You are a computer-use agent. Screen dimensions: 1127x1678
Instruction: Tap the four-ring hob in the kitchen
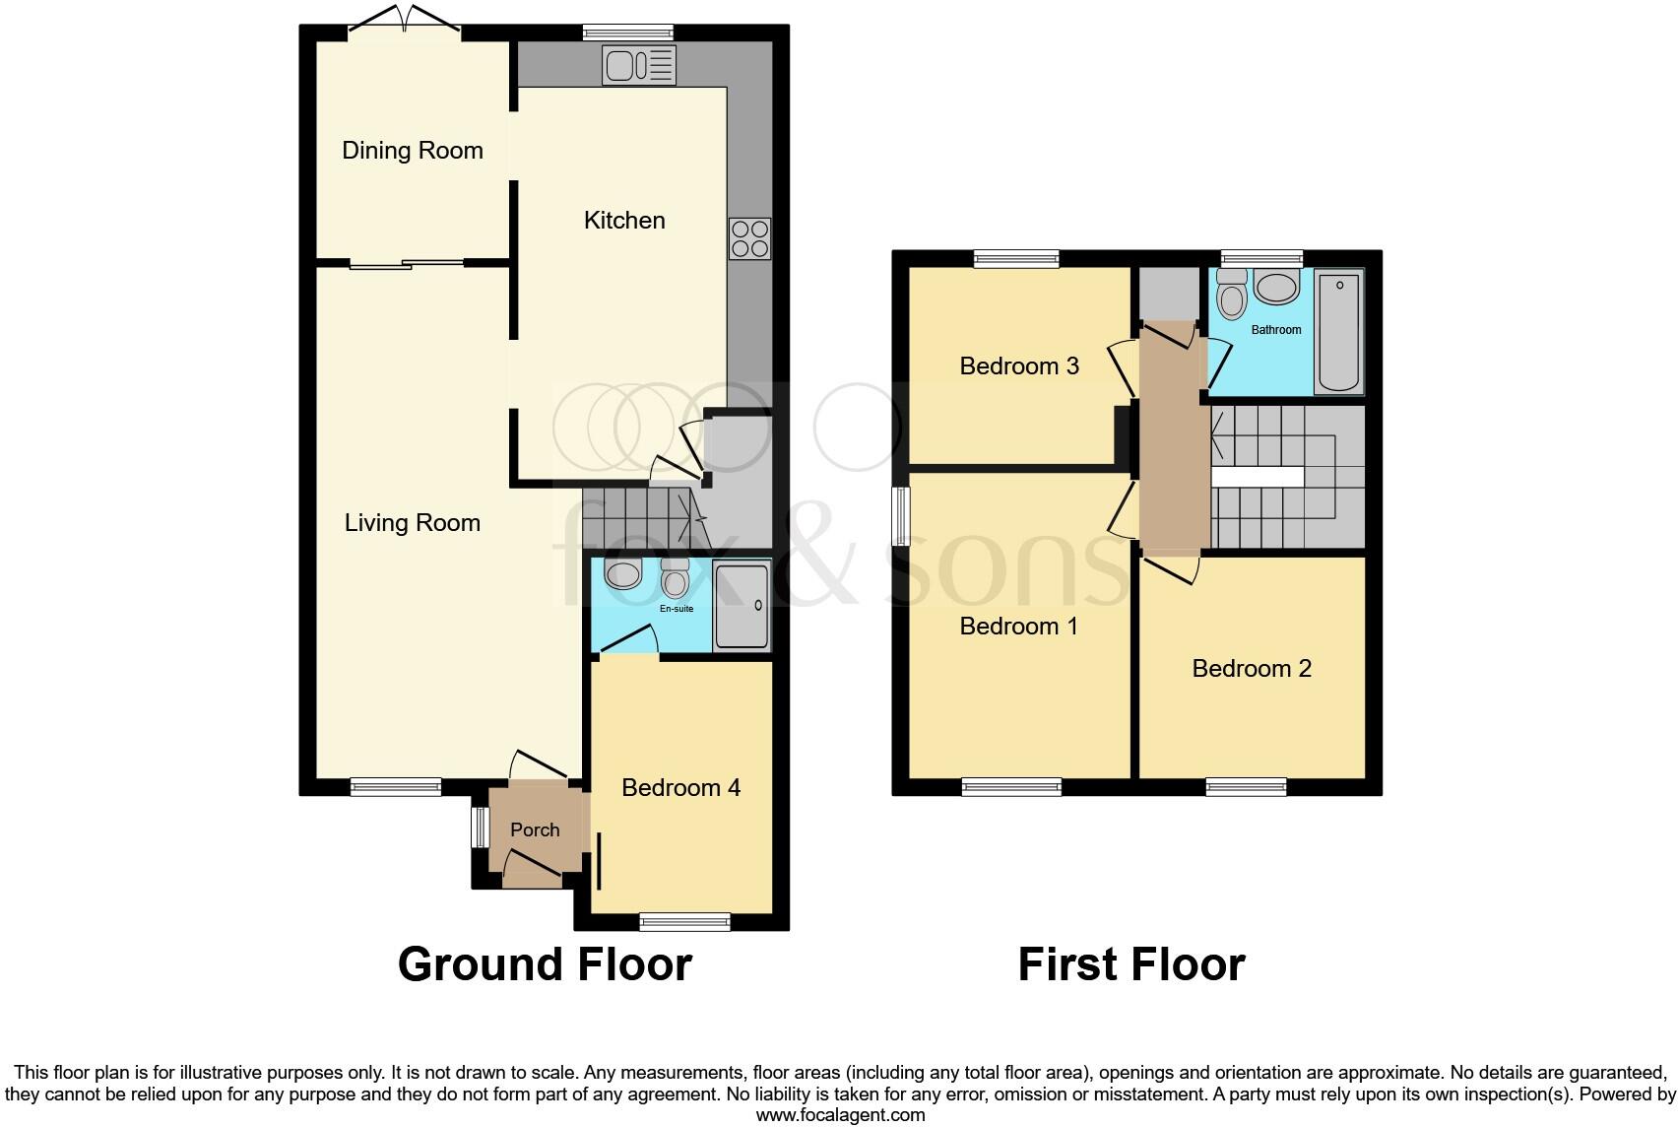749,238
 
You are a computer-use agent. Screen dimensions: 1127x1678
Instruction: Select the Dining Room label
412,151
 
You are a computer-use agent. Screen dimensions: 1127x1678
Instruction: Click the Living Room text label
412,523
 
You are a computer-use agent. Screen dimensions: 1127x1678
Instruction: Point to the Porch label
535,830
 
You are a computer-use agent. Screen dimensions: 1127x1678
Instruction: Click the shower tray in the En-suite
742,606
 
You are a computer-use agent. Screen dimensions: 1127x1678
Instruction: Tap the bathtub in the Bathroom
1339,333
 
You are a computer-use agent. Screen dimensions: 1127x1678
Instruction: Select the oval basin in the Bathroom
1276,290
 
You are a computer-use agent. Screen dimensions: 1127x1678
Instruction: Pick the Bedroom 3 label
1019,366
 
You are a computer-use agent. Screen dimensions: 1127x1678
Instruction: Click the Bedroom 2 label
1252,669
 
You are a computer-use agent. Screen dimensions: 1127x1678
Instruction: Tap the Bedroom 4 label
680,788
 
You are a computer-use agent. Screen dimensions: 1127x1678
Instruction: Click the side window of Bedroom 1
900,515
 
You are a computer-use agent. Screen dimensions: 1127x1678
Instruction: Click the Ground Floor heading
545,963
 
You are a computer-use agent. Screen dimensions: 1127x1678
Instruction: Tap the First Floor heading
1130,963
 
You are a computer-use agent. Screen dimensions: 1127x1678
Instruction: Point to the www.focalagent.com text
840,1115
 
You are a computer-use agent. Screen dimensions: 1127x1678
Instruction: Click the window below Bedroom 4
684,922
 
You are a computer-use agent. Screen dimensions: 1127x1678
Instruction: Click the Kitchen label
624,221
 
